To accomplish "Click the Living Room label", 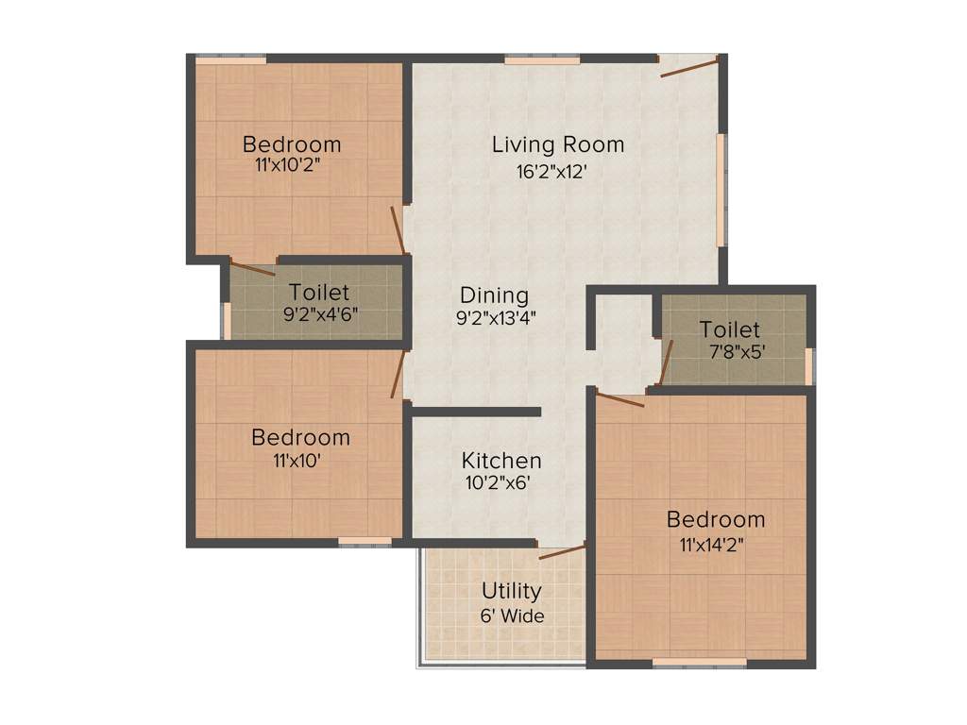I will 557,144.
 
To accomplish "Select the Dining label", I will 494,295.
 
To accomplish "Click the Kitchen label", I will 501,461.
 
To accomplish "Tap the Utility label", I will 512,591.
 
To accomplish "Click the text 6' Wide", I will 512,615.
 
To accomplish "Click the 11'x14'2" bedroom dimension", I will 715,544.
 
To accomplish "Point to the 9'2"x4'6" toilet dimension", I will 320,314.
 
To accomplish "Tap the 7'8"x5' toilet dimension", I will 730,352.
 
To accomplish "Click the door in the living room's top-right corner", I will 690,67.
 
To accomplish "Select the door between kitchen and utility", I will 562,551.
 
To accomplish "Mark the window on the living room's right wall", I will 721,188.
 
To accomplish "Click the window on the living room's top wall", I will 541,59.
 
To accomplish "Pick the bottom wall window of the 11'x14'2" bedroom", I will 699,664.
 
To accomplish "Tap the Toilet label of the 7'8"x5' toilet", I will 730,329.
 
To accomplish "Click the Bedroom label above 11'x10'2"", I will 292,144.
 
